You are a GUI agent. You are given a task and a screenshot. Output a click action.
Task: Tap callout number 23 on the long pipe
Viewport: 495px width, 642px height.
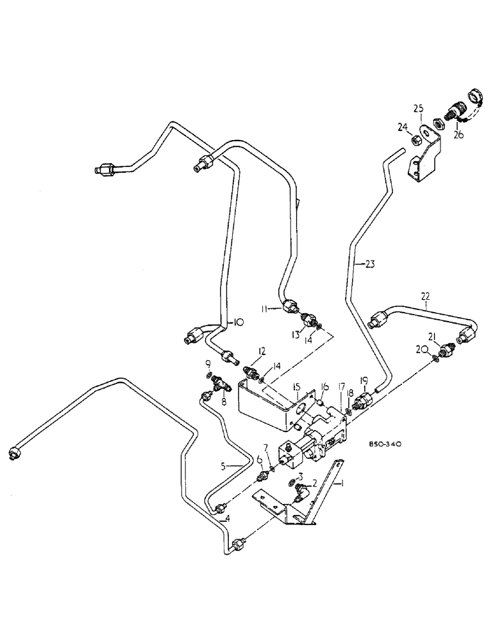pos(369,263)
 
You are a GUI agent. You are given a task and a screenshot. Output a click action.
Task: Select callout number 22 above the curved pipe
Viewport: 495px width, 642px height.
pos(426,296)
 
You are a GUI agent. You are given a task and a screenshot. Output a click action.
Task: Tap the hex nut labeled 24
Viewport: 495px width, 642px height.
pos(415,137)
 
